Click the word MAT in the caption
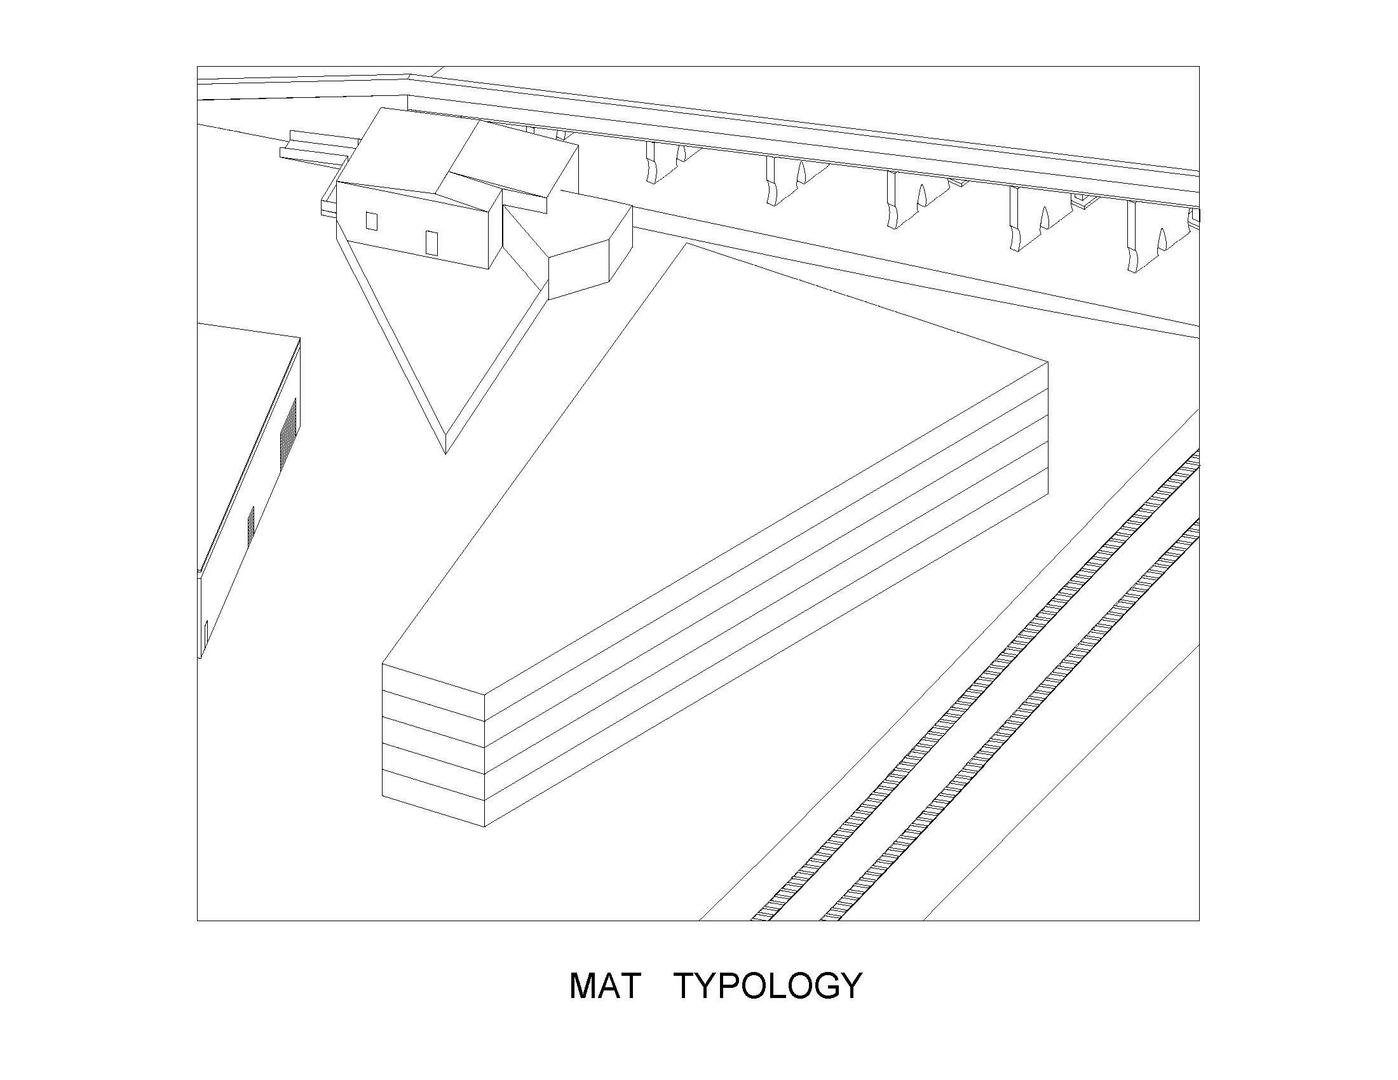pyautogui.click(x=604, y=987)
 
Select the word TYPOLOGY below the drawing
pyautogui.click(x=769, y=987)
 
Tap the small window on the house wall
pyautogui.click(x=371, y=221)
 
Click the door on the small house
pyautogui.click(x=431, y=243)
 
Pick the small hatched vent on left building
pyautogui.click(x=251, y=526)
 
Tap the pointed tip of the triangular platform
pyautogui.click(x=445, y=450)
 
